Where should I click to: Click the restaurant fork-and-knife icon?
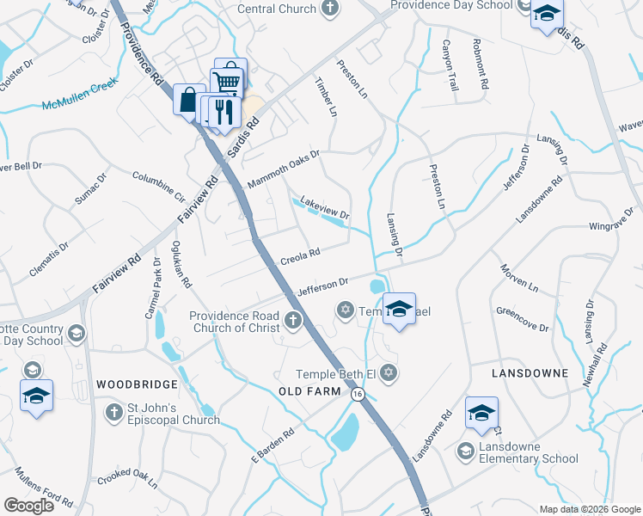coord(223,110)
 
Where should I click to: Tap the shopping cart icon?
coord(228,79)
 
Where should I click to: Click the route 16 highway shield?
coord(357,393)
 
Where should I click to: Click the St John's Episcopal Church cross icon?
coord(113,414)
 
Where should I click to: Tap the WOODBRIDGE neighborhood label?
coord(137,384)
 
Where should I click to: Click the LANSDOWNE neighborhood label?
coord(530,373)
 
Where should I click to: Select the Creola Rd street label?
coord(300,256)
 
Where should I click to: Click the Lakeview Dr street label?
coord(324,207)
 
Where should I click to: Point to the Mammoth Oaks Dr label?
coord(283,170)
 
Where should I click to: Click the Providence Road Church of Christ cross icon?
coord(292,322)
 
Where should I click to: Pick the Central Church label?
coord(277,9)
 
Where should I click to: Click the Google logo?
coord(28,506)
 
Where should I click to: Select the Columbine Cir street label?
coord(158,185)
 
